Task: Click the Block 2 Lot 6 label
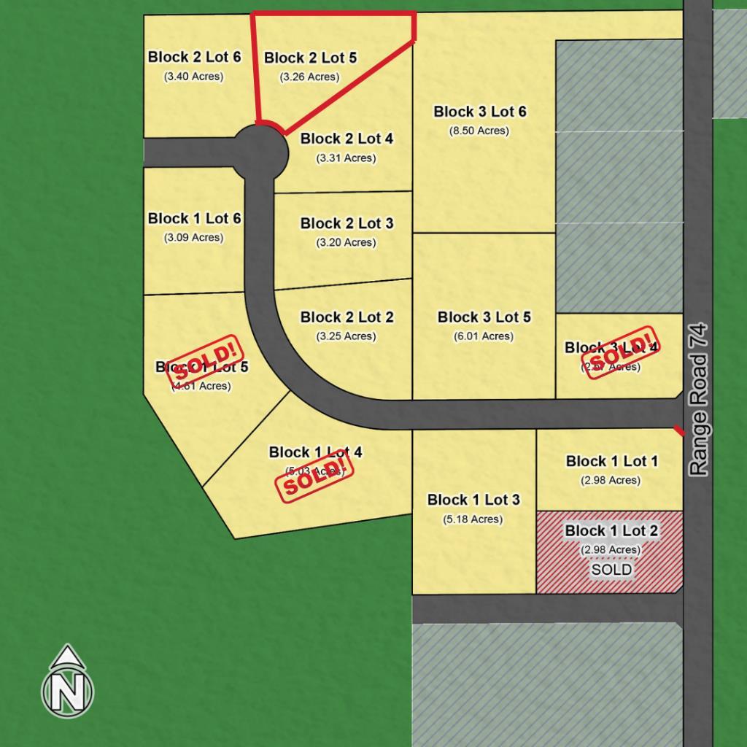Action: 194,57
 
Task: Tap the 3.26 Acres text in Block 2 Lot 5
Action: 309,77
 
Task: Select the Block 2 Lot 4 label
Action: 347,139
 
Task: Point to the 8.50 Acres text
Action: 479,131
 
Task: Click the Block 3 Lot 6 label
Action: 479,112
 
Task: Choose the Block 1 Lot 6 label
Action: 194,218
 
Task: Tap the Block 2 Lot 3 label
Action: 347,223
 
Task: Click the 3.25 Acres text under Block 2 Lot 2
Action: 347,336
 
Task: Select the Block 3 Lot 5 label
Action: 484,317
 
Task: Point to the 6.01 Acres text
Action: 484,336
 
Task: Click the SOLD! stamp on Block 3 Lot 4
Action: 616,353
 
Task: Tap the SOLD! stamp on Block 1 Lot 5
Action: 204,363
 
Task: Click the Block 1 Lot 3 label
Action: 473,500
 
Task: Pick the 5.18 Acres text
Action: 473,519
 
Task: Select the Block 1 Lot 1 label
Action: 611,461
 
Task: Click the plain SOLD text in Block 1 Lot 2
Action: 611,570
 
